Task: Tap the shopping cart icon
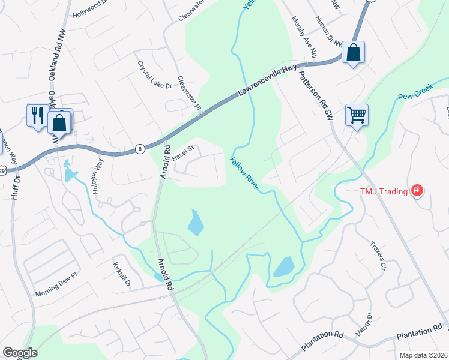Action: point(357,113)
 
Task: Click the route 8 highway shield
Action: point(140,149)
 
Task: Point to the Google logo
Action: point(20,353)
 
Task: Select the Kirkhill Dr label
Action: point(122,275)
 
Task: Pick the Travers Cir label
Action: point(377,256)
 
